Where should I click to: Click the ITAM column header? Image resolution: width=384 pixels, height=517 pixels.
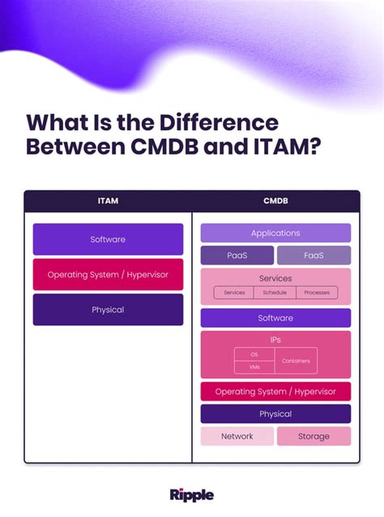pos(108,201)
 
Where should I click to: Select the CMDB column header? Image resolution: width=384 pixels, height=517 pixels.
pos(275,201)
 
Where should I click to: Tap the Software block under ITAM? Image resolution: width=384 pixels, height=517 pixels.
pos(108,239)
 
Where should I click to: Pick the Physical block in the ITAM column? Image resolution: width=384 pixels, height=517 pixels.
pos(108,309)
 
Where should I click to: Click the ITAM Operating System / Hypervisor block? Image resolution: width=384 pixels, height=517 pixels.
pos(108,274)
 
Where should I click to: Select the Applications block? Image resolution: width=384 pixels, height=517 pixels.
pos(275,233)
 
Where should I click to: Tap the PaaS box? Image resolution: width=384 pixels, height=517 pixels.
pos(237,256)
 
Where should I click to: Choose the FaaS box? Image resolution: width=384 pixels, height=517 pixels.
pos(314,256)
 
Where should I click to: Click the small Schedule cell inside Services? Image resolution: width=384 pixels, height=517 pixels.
pos(275,292)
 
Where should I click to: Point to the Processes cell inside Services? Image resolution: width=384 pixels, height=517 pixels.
pos(317,292)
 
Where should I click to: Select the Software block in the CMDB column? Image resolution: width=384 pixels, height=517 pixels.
pos(275,318)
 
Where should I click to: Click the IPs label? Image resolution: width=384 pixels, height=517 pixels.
pos(275,340)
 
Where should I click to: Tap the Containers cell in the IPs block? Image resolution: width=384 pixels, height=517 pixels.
pos(296,361)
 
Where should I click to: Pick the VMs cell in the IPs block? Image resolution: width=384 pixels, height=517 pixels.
pos(254,367)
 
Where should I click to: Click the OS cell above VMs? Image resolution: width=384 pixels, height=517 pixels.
pos(254,354)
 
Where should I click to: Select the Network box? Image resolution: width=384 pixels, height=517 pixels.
pos(237,436)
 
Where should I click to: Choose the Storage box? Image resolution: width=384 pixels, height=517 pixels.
pos(314,436)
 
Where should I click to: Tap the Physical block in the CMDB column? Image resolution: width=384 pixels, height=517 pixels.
pos(275,414)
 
